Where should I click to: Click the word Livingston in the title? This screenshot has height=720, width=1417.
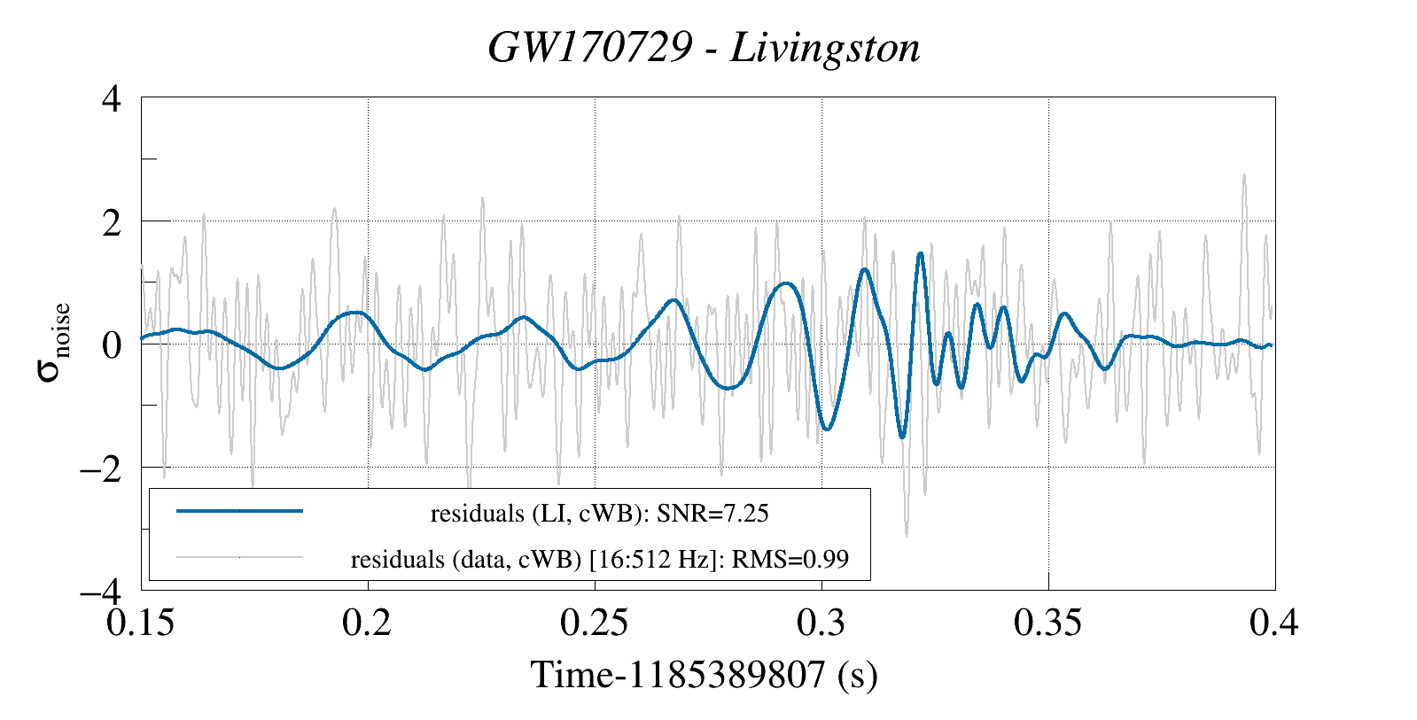point(825,48)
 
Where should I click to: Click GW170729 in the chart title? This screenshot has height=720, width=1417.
point(588,48)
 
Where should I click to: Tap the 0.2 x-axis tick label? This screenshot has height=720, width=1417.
point(367,623)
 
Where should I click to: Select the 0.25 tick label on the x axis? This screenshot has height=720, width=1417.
point(594,623)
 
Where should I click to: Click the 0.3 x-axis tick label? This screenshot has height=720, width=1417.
point(821,623)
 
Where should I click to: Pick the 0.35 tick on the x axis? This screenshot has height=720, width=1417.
point(1047,623)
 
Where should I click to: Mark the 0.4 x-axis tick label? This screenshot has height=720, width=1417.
point(1273,623)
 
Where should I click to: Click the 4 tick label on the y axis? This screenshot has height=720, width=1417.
point(111,98)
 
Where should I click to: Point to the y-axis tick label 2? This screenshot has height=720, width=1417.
point(111,221)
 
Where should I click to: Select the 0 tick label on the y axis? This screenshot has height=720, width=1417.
point(111,345)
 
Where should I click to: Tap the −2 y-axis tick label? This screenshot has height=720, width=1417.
point(100,468)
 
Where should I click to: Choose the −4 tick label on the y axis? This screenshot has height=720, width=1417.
point(100,590)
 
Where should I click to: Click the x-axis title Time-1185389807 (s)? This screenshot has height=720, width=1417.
point(705,675)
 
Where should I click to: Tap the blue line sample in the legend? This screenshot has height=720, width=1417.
point(239,511)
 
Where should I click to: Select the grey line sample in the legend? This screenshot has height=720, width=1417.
point(239,558)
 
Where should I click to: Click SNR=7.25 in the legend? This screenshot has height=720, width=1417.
point(712,514)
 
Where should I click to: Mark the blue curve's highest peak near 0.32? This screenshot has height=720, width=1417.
point(921,254)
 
